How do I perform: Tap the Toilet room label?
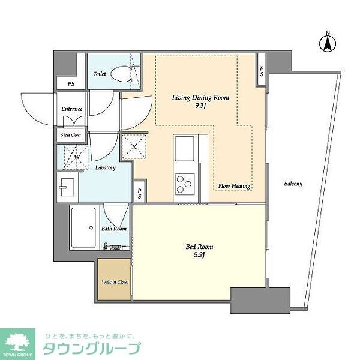click(x=100, y=74)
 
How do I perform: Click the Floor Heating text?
click(x=233, y=185)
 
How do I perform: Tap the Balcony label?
click(x=293, y=184)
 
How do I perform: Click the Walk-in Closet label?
click(x=115, y=281)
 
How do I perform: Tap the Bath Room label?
click(x=113, y=229)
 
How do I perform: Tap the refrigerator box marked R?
click(x=134, y=146)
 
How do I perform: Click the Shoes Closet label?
click(x=71, y=135)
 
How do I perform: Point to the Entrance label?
click(x=72, y=109)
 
